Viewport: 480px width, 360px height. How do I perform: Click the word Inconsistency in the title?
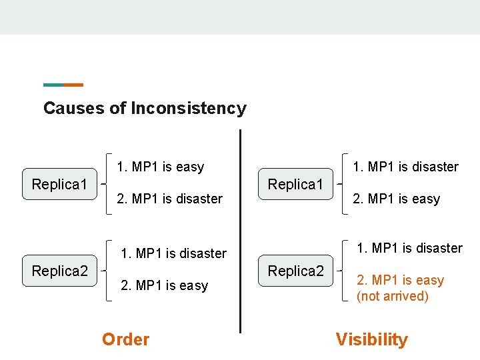(x=189, y=108)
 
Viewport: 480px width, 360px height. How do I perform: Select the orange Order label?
(x=125, y=339)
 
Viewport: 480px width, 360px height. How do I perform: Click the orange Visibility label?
(x=371, y=339)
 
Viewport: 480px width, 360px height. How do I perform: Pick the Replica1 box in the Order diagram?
(x=60, y=184)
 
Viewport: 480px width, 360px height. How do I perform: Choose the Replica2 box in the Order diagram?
(x=60, y=271)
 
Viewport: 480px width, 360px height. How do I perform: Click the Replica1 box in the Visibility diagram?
(x=295, y=184)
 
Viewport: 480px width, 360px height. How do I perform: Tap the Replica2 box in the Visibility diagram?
(x=295, y=271)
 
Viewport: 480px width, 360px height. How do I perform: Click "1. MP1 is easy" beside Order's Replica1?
(x=160, y=167)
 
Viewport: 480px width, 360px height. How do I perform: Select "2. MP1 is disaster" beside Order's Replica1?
(x=169, y=199)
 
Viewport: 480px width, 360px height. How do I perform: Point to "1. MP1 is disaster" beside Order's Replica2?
(x=173, y=253)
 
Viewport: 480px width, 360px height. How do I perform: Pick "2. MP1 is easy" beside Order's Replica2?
(x=163, y=285)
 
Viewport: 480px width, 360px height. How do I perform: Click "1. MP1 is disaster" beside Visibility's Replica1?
(x=405, y=167)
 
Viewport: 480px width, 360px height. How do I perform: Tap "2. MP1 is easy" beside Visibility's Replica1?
(x=396, y=199)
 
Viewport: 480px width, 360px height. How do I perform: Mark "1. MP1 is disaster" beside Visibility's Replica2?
(x=409, y=248)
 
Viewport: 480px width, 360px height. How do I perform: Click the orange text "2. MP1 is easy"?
(x=400, y=280)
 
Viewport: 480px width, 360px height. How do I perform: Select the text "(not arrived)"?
(x=392, y=296)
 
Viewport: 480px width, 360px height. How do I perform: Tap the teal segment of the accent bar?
(x=53, y=85)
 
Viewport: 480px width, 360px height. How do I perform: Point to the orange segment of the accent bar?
(x=73, y=85)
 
